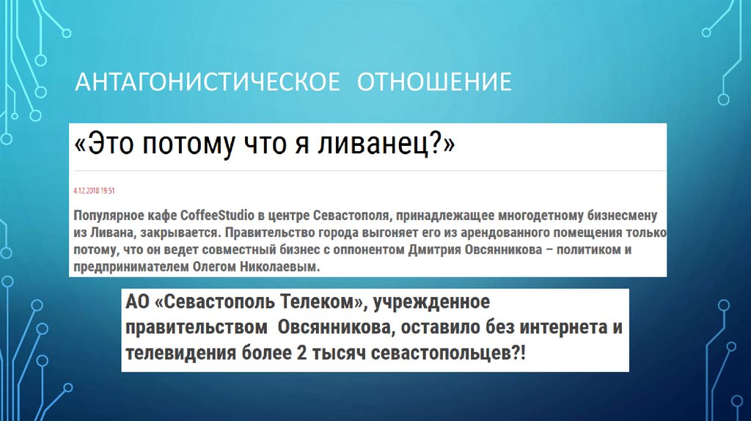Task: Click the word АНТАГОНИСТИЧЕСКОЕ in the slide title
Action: [208, 81]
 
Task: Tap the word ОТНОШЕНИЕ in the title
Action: [434, 81]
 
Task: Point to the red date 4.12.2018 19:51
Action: [95, 191]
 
